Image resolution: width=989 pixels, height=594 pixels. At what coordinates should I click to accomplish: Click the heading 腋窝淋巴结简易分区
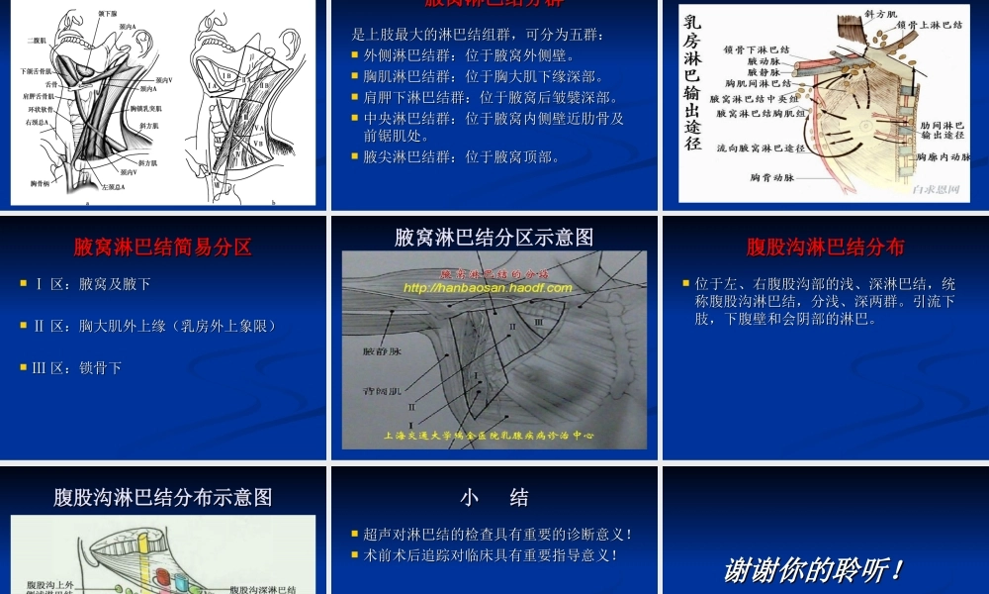(162, 247)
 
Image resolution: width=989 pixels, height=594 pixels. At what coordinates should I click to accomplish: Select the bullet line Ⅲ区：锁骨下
(78, 367)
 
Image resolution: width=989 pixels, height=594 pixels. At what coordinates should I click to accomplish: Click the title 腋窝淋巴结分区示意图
(494, 238)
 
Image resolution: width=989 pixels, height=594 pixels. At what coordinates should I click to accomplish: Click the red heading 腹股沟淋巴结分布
(825, 247)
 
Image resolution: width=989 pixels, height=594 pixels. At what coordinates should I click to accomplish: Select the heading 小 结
(494, 496)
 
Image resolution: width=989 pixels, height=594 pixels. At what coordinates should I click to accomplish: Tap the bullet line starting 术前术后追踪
(491, 555)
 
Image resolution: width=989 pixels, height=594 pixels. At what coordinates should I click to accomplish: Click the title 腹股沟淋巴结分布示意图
(163, 496)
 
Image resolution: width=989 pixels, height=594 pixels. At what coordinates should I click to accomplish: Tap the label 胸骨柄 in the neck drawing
(41, 183)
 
